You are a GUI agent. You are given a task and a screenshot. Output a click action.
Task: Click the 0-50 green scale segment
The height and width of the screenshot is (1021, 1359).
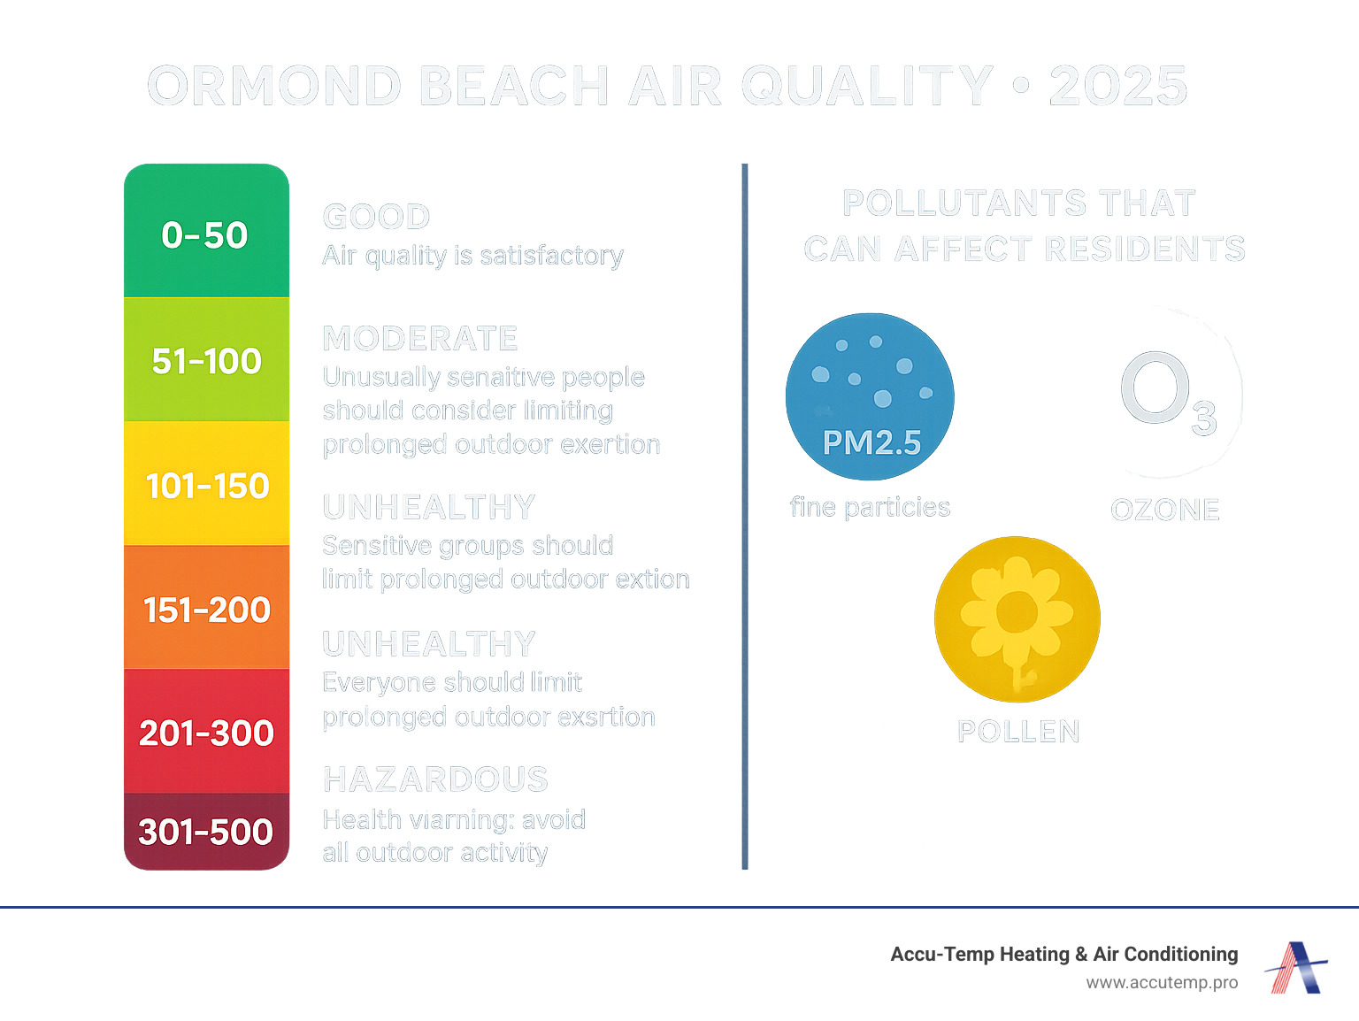(x=206, y=232)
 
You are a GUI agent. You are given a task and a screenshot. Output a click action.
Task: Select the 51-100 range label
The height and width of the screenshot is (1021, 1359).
(x=206, y=361)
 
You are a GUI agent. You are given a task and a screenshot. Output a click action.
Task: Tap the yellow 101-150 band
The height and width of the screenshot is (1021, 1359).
(x=207, y=486)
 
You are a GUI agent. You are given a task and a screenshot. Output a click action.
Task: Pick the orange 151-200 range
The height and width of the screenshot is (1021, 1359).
(x=207, y=610)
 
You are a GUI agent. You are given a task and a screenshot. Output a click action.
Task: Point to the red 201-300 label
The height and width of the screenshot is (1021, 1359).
(x=206, y=733)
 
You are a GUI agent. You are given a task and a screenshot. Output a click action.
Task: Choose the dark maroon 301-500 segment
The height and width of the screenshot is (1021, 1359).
(x=206, y=832)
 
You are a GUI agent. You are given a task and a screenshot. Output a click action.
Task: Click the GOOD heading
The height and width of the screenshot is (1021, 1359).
(x=376, y=217)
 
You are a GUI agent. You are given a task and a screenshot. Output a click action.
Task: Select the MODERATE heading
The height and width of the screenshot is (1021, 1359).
(x=420, y=338)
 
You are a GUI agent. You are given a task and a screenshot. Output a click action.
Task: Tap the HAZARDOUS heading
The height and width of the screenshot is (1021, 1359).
(x=435, y=779)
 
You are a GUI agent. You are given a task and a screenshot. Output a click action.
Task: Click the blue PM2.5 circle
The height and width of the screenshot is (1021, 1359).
(x=870, y=396)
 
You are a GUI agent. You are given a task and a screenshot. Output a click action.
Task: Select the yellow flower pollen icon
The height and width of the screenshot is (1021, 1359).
(x=1017, y=618)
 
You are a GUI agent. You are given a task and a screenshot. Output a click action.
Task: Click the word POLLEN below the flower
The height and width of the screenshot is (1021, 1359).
(x=1018, y=732)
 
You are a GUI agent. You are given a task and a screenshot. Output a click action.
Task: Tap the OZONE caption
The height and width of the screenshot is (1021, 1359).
(x=1165, y=510)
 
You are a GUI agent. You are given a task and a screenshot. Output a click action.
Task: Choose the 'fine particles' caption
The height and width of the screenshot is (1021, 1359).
(x=870, y=507)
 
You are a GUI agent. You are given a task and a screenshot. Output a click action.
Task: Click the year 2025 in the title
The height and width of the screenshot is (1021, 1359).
(x=1118, y=86)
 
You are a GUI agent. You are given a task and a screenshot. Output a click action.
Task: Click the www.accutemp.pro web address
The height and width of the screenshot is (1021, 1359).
(x=1162, y=982)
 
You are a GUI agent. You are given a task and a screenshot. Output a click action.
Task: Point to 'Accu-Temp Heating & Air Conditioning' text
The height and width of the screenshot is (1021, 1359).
(x=1063, y=954)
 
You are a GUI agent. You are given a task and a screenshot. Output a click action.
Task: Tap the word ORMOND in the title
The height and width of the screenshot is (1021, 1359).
(x=274, y=86)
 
